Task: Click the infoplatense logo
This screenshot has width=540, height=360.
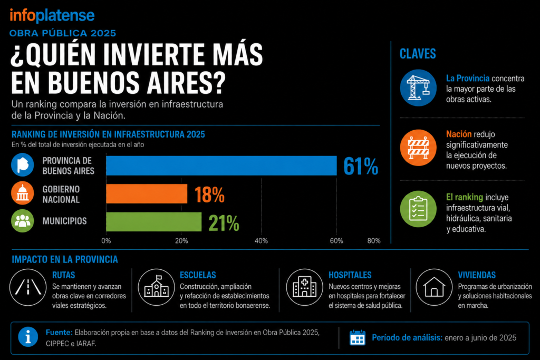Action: [x=52, y=15]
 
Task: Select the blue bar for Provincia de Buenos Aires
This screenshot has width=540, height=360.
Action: [x=221, y=166]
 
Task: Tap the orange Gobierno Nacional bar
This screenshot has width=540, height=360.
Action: [x=147, y=194]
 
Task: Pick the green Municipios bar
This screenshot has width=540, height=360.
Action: [x=154, y=222]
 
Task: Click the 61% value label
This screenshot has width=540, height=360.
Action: [x=361, y=166]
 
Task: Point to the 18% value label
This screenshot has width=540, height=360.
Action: [x=209, y=195]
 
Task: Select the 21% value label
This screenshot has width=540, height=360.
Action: [x=224, y=223]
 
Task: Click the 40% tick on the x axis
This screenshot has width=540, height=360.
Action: [x=261, y=241]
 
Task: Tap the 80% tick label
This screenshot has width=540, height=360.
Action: [x=374, y=241]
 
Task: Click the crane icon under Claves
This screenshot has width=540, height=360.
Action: [x=418, y=88]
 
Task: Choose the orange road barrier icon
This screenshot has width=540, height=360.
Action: [x=418, y=148]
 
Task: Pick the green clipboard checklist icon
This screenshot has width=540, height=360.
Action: [x=418, y=209]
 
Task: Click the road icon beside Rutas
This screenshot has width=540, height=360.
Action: [x=28, y=287]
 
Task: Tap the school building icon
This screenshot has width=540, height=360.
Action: [x=156, y=287]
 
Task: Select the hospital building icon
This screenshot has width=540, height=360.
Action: [x=304, y=287]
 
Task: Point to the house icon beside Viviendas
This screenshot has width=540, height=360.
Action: [x=434, y=287]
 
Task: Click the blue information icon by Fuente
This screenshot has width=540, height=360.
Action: [x=28, y=337]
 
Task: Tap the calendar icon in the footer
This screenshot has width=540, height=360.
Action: [x=357, y=338]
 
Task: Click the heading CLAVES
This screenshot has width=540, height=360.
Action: [x=418, y=54]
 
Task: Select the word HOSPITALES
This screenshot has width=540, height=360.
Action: [x=350, y=275]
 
